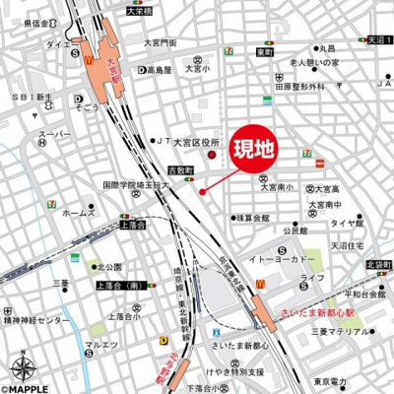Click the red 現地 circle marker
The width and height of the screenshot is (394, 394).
(x=203, y=191)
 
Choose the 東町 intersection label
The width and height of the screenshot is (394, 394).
(x=263, y=50)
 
